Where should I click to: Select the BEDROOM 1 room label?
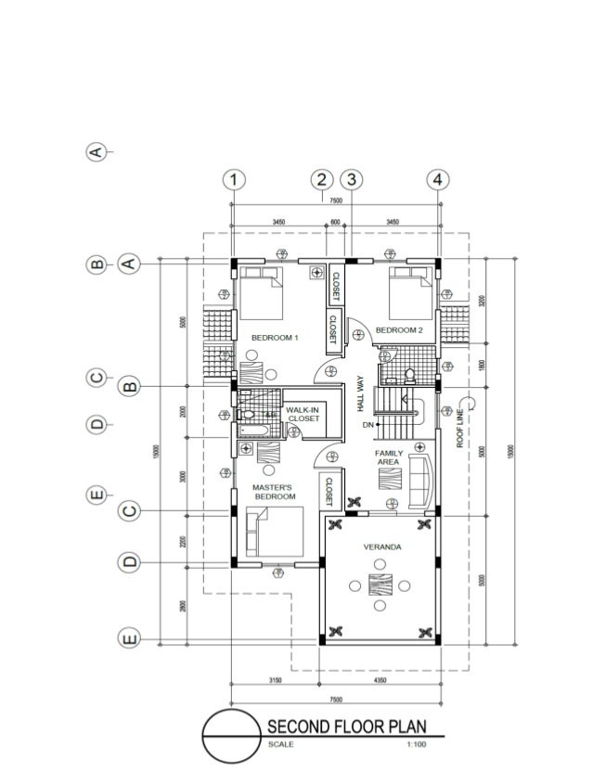[x=275, y=338]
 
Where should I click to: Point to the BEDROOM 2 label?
[x=399, y=329]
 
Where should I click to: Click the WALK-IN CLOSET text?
[x=303, y=414]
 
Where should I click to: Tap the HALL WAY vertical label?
[x=359, y=393]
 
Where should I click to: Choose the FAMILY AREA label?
[x=389, y=457]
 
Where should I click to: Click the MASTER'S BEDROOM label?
[x=275, y=492]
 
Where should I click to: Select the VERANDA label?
[x=382, y=547]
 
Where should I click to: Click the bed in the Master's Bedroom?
[x=274, y=533]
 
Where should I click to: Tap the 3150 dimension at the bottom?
[x=276, y=682]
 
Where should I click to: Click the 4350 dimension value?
[x=380, y=682]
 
